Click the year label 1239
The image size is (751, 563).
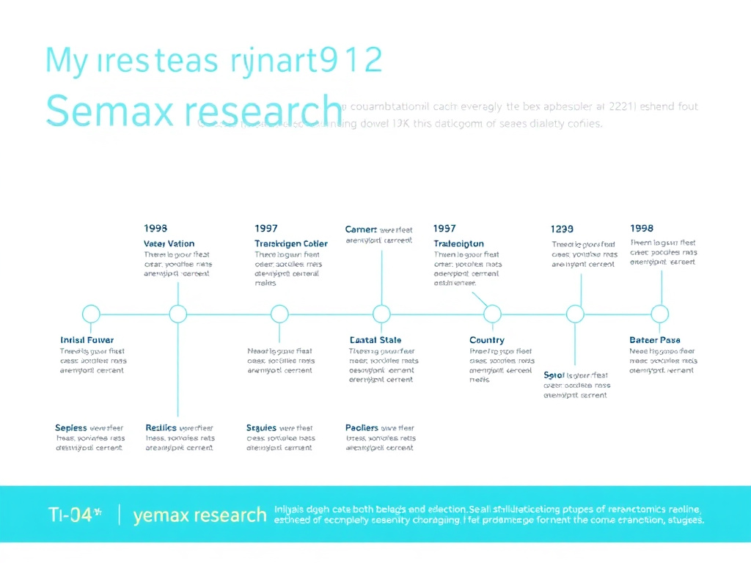(562, 229)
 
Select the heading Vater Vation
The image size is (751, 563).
(169, 243)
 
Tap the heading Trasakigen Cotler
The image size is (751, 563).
(291, 243)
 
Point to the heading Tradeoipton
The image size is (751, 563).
(458, 243)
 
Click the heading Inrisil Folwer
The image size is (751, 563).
(87, 340)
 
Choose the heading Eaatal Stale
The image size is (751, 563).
(375, 340)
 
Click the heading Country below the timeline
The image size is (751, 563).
(487, 340)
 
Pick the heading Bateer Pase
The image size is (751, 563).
(655, 340)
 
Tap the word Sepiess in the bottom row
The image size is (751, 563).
(71, 427)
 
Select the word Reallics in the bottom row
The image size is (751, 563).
(161, 427)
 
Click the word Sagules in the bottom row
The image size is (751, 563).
(261, 427)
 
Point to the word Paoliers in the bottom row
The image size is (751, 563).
(362, 427)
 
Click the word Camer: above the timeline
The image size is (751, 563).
(361, 229)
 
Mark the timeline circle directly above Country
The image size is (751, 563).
(492, 314)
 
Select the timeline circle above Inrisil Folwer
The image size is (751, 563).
(91, 314)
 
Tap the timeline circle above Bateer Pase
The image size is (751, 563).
(660, 314)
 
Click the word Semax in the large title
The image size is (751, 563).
(109, 111)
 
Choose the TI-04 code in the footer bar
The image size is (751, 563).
(70, 515)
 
